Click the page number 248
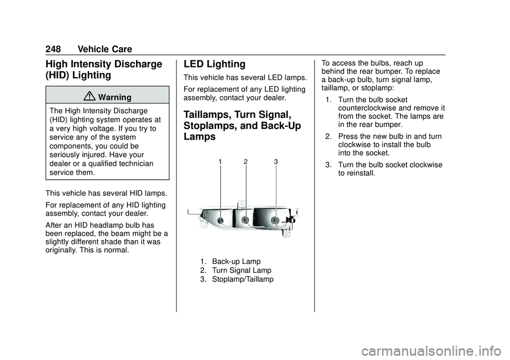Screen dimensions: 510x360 53,49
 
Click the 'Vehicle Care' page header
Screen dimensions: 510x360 105,49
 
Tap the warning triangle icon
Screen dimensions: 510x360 89,96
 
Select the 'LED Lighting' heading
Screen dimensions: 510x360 214,64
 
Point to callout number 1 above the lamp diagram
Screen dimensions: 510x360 220,161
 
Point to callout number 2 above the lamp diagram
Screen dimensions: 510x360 245,161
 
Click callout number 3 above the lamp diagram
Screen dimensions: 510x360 276,161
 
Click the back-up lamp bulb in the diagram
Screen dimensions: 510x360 220,220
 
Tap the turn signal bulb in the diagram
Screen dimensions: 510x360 246,220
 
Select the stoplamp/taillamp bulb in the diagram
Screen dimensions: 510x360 276,220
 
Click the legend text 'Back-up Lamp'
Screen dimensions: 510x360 236,261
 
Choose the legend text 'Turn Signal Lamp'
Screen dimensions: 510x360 242,270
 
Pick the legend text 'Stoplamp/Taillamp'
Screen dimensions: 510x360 243,279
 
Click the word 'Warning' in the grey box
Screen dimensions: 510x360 115,97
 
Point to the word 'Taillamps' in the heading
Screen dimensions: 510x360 207,115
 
